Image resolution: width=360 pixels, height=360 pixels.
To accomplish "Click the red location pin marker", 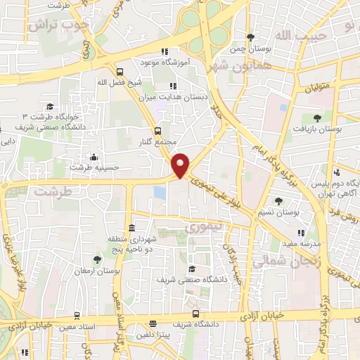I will (181, 165).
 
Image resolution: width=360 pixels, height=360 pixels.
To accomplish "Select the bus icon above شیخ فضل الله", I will (120, 71).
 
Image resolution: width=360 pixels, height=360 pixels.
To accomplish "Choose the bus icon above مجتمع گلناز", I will (157, 131).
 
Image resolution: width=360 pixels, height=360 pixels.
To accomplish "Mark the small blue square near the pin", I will (160, 191).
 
